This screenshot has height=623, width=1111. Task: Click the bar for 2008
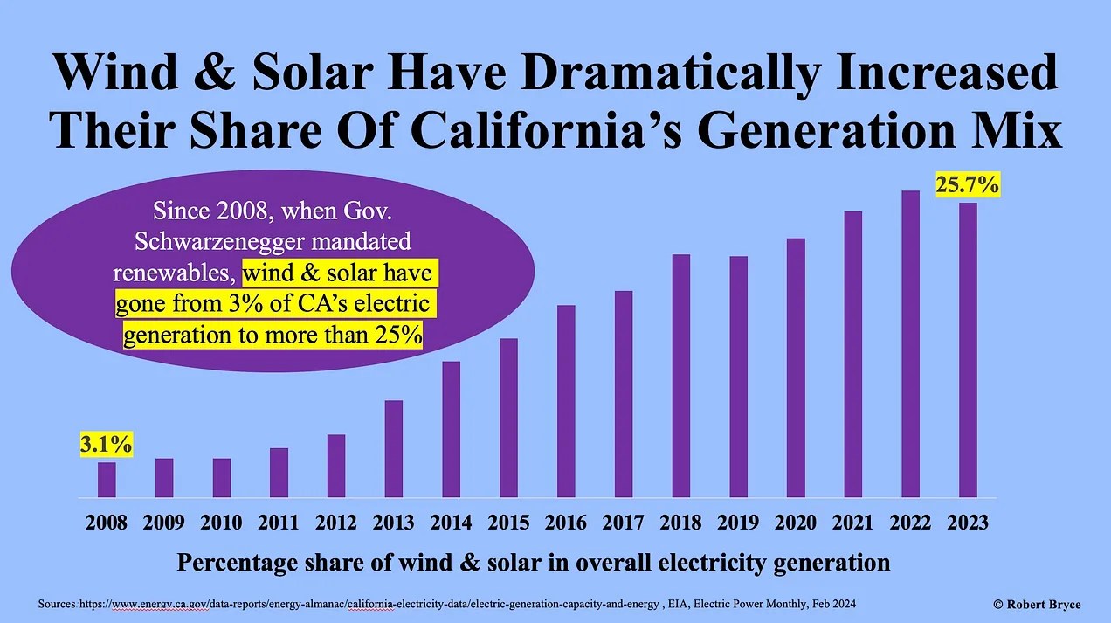tap(107, 480)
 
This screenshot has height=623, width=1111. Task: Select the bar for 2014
tap(451, 429)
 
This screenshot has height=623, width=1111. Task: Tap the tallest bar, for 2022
tap(910, 344)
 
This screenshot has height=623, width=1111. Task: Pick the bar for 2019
tap(738, 377)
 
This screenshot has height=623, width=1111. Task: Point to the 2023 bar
tap(968, 350)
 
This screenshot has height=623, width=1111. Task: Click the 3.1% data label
tap(107, 444)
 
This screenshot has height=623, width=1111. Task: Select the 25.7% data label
tap(968, 185)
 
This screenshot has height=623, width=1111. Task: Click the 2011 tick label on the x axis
tap(279, 523)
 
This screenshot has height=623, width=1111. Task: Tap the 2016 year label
tap(566, 523)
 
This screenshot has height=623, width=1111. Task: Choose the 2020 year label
tap(796, 523)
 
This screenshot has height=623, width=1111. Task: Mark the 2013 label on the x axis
tap(393, 523)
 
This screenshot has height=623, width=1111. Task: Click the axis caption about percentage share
tap(533, 563)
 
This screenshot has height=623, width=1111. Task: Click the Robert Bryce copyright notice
tap(1037, 605)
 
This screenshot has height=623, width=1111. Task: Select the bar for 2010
tap(221, 477)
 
